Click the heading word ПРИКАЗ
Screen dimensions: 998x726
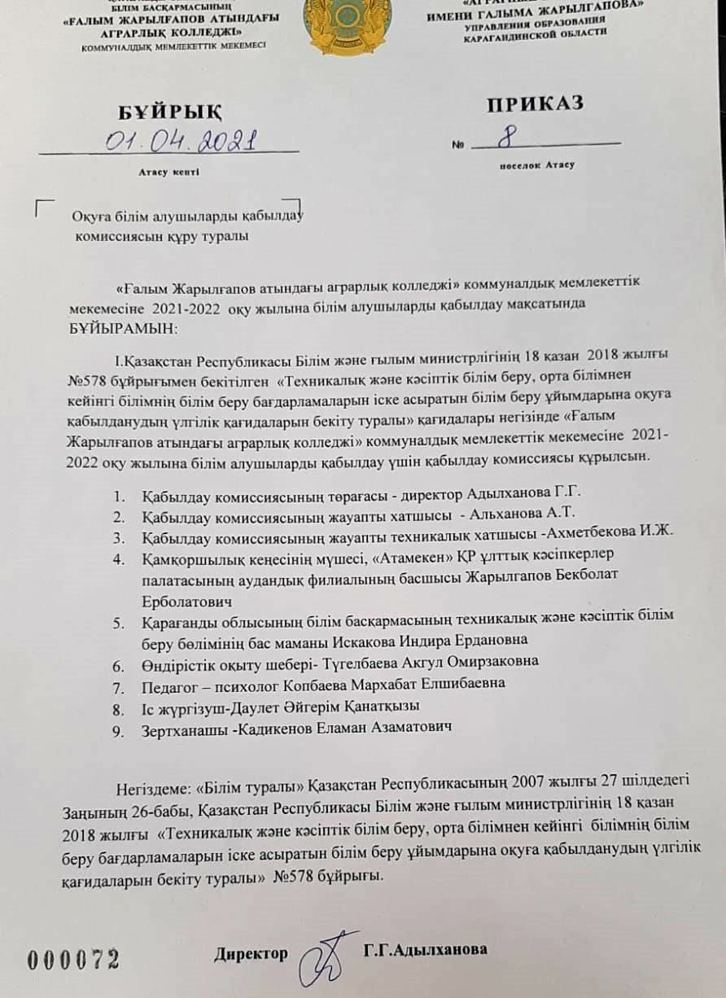click(534, 103)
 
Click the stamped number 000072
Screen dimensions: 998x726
click(73, 959)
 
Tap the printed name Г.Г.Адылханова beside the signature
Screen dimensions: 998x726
click(426, 950)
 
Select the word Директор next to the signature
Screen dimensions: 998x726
click(251, 953)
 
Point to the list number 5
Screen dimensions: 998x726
click(119, 624)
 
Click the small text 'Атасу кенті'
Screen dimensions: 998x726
click(168, 172)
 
